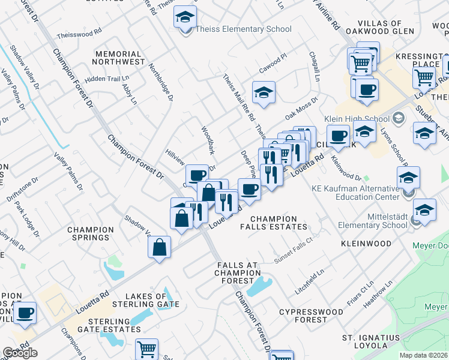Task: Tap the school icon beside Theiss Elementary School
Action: point(185,17)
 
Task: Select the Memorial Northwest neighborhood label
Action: point(119,57)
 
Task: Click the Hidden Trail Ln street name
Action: point(107,79)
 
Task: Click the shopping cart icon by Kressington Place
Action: point(424,77)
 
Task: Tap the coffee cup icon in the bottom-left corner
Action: point(26,313)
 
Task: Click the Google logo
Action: point(20,353)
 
